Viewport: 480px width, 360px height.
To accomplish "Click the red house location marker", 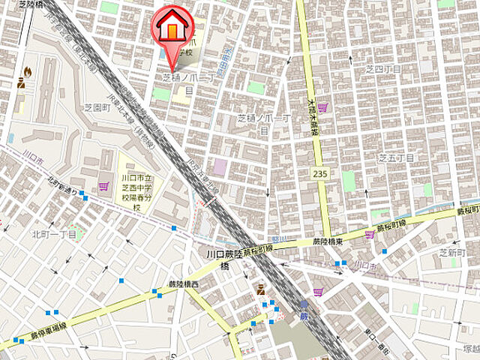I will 172,28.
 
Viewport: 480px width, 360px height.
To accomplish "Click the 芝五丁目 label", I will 396,157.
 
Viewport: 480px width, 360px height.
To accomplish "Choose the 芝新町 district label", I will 452,253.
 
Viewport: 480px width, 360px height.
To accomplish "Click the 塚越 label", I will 471,348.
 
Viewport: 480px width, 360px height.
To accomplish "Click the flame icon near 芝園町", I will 27,71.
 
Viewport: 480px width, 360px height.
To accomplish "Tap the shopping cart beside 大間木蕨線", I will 322,108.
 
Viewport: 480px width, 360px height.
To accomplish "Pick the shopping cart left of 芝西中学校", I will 103,186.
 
